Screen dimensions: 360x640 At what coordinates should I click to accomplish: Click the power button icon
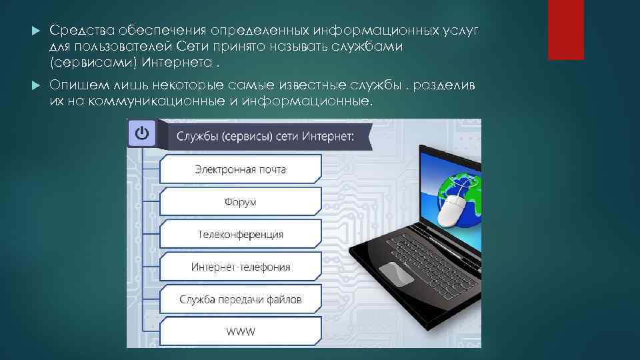(x=141, y=133)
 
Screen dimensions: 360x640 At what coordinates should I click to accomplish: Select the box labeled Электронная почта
(x=241, y=169)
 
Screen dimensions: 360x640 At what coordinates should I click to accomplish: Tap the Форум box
(x=241, y=202)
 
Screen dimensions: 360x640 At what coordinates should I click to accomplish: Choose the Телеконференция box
(x=241, y=235)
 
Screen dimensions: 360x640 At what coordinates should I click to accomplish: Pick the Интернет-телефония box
(x=241, y=267)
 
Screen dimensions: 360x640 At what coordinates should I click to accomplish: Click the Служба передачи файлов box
(x=241, y=300)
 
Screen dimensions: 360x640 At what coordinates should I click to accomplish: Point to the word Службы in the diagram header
(x=197, y=138)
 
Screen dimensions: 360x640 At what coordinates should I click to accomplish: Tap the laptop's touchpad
(x=396, y=274)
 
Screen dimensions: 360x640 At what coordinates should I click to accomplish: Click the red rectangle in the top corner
(x=565, y=30)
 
